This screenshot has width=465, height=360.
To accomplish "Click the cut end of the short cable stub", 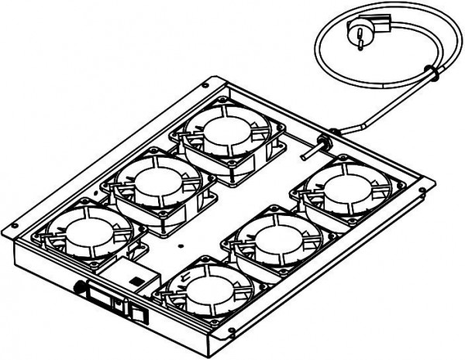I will coord(303,162).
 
